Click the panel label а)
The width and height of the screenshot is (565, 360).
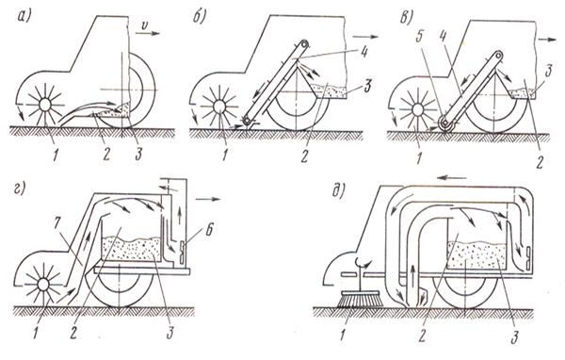tap(24, 17)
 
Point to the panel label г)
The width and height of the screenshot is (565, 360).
tap(20, 188)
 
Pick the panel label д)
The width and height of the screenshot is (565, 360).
tap(338, 190)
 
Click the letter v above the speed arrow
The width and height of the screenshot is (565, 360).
tap(144, 25)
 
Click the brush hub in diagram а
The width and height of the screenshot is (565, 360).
tap(44, 105)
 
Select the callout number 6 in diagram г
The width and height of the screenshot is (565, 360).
tap(207, 230)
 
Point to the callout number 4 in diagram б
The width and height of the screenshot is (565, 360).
tap(363, 53)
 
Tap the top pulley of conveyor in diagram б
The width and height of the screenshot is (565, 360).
tap(305, 43)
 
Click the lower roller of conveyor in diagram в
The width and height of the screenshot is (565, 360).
tap(446, 124)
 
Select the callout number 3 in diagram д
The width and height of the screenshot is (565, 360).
tap(514, 337)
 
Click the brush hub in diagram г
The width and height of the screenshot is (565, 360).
tap(43, 285)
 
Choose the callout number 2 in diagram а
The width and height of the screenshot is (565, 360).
tap(105, 154)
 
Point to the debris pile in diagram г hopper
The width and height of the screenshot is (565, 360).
tap(131, 249)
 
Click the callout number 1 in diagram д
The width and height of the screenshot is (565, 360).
tap(343, 336)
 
